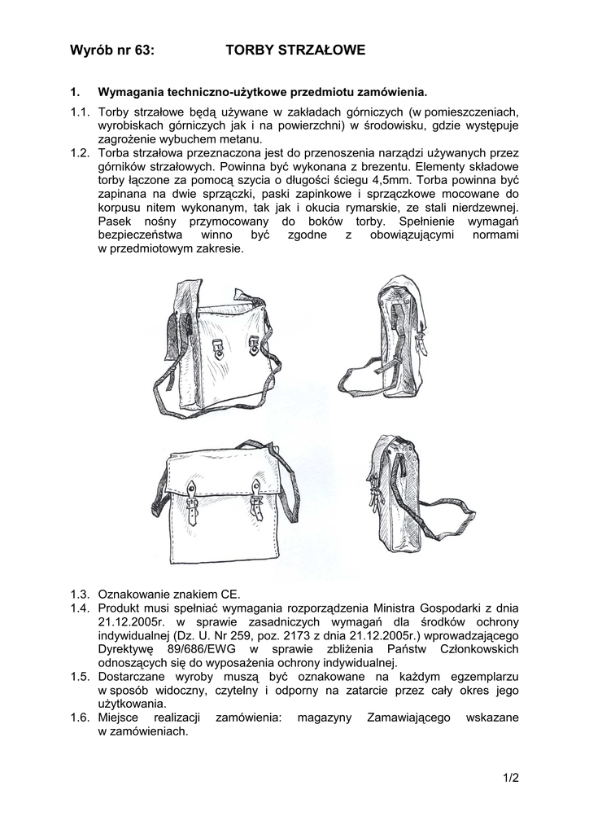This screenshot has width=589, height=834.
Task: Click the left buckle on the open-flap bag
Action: (219, 350)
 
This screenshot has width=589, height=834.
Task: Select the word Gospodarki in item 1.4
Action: (436, 608)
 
